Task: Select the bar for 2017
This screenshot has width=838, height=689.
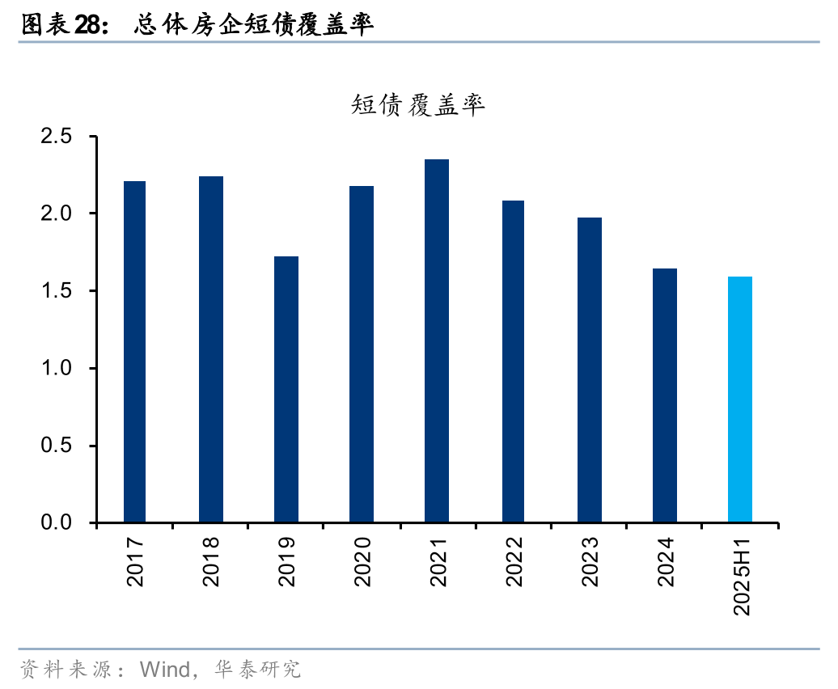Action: coord(135,352)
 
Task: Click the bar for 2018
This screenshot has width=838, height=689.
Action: coord(211,349)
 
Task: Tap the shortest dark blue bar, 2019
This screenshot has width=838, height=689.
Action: coord(286,390)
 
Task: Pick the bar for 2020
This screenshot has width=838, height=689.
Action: coord(362,354)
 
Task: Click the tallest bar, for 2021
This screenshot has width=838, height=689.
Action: coord(437,341)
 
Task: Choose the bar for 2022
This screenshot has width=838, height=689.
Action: coord(513,361)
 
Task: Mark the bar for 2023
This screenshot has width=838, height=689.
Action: coord(590,370)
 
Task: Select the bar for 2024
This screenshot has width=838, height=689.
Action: coord(665,395)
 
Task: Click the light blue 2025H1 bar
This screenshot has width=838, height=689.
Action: coord(740,399)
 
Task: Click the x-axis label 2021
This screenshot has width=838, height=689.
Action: coord(438,560)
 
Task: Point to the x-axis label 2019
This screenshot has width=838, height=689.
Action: coord(286,560)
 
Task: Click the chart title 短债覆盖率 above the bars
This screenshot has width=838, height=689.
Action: coord(418,105)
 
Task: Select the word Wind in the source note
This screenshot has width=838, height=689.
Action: coord(164,670)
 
